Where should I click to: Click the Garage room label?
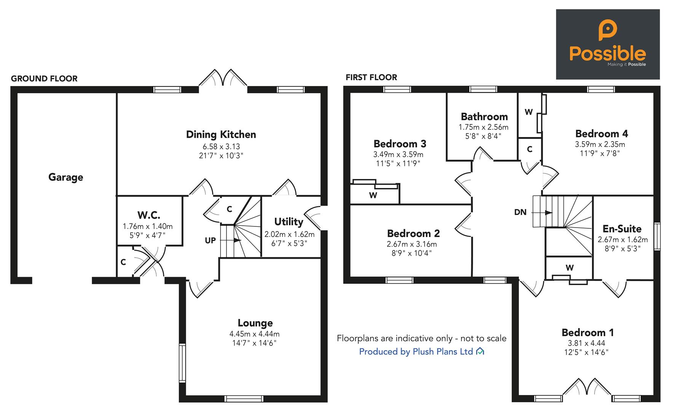pyautogui.click(x=65, y=177)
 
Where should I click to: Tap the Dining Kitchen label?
pyautogui.click(x=221, y=134)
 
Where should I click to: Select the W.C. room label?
pyautogui.click(x=148, y=215)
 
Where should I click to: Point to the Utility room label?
pyautogui.click(x=289, y=221)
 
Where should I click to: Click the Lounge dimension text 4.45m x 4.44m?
pyautogui.click(x=254, y=334)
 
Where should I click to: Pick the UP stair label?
pyautogui.click(x=210, y=241)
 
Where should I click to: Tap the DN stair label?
pyautogui.click(x=520, y=212)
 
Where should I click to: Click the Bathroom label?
pyautogui.click(x=484, y=116)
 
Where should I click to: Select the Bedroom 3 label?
pyautogui.click(x=400, y=144)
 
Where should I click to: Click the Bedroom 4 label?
pyautogui.click(x=601, y=134)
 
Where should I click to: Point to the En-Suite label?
pyautogui.click(x=622, y=229)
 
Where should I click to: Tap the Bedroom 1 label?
pyautogui.click(x=588, y=333)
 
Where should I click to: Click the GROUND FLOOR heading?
pyautogui.click(x=44, y=79)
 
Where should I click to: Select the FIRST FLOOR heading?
pyautogui.click(x=371, y=78)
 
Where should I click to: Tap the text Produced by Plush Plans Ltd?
pyautogui.click(x=416, y=352)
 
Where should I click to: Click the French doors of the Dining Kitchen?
pyautogui.click(x=223, y=79)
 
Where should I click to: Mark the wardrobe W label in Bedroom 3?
pyautogui.click(x=373, y=196)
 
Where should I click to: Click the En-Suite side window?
pyautogui.click(x=657, y=236)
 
